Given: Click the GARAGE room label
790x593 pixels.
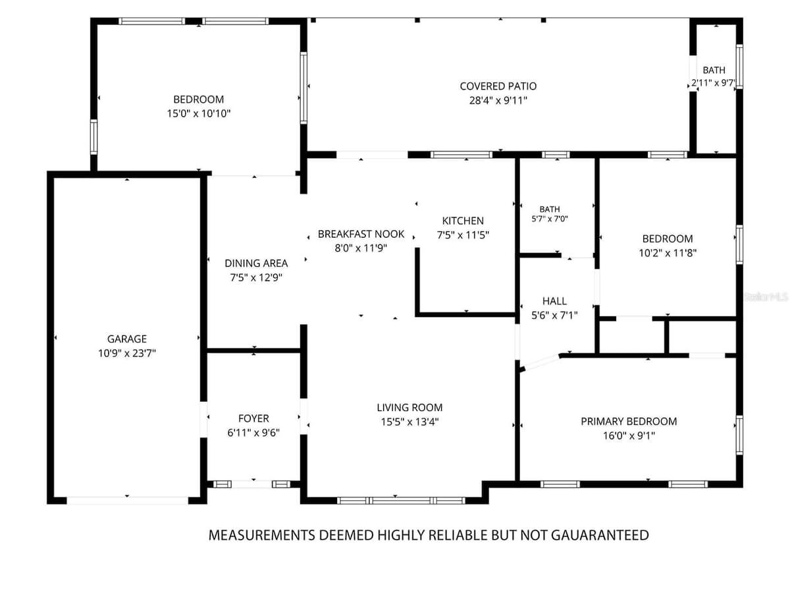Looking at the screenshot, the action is point(126,339).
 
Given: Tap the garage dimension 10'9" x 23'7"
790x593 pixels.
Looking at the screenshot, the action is point(126,353).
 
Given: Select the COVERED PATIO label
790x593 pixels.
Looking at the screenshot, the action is point(498,86).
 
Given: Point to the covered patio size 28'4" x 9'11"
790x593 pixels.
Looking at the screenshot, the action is point(498,100).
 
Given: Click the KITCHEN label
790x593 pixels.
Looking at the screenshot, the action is point(463,221).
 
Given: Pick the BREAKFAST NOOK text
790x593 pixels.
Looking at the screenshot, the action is point(361,234).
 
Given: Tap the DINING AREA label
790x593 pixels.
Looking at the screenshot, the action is point(256,263).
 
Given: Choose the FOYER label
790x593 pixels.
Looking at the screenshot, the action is point(253,418).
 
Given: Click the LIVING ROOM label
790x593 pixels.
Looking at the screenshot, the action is point(409,408).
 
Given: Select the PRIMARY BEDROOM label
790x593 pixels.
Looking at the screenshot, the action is point(629,421).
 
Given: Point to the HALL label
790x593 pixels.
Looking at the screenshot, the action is point(554,301).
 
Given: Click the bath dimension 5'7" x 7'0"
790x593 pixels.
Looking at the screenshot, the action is point(550,219).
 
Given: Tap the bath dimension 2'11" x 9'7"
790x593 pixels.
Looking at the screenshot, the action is point(714,83).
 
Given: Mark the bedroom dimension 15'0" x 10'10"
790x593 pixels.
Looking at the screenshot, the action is point(198,113).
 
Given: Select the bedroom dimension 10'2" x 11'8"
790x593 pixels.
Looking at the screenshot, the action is point(668,253).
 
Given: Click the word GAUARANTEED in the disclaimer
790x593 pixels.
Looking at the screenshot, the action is point(600,535).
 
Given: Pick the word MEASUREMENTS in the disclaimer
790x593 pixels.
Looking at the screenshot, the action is point(262,535).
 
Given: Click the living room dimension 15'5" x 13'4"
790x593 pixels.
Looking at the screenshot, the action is point(409,422).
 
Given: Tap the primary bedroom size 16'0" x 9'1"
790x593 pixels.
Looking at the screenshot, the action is point(629,436).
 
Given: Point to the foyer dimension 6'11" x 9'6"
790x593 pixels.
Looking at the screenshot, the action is point(253,432).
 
